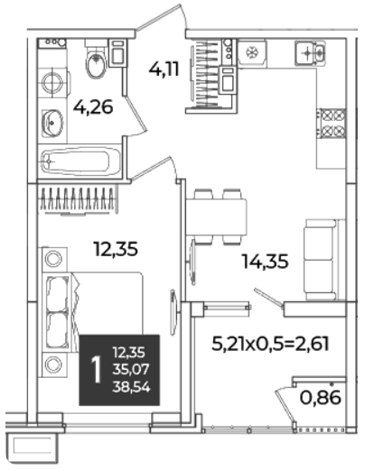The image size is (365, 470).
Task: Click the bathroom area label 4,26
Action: pyautogui.click(x=93, y=107)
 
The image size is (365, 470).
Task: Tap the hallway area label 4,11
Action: pyautogui.click(x=164, y=69)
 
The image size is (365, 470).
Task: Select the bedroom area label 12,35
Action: pyautogui.click(x=116, y=249)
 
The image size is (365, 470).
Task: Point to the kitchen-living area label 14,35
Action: pyautogui.click(x=266, y=261)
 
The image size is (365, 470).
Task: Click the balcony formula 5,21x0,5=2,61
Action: pyautogui.click(x=270, y=344)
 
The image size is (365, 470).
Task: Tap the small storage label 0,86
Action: pyautogui.click(x=321, y=398)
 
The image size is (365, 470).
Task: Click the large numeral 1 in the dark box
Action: pyautogui.click(x=97, y=369)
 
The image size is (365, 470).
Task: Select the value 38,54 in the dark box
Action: pyautogui.click(x=131, y=387)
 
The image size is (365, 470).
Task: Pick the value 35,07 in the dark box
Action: pyautogui.click(x=131, y=369)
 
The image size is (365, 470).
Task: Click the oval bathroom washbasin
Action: pyautogui.click(x=52, y=123)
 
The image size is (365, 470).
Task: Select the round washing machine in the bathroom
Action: pyautogui.click(x=53, y=82)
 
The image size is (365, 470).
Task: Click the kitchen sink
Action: pyautogui.click(x=311, y=53)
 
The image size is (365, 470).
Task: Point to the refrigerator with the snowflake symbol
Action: pyautogui.click(x=252, y=53)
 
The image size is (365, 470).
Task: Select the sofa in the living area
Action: pyautogui.click(x=323, y=260)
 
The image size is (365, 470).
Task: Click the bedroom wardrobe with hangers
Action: pyautogui.click(x=78, y=199)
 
